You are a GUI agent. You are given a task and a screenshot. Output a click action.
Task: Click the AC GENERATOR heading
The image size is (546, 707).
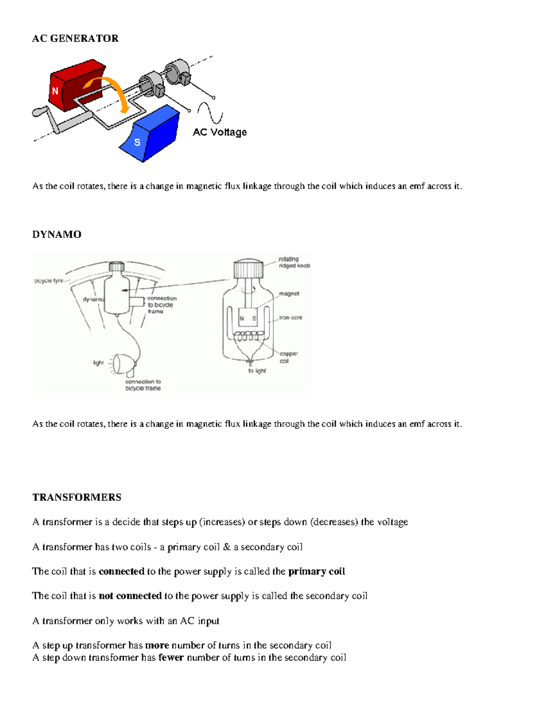click(75, 39)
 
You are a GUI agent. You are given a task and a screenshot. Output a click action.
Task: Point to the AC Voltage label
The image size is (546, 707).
click(219, 132)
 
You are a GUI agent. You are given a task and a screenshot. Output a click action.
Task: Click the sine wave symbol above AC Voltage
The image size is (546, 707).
click(210, 113)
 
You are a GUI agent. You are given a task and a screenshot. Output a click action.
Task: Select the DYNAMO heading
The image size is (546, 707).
click(56, 234)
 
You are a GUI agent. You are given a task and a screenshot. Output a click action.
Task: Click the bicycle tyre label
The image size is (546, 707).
click(48, 281)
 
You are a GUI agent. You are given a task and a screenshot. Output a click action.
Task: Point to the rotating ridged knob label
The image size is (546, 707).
click(294, 262)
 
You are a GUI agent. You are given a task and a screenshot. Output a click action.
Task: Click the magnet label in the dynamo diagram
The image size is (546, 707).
click(289, 294)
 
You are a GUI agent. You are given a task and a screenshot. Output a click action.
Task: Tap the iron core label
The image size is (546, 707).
click(290, 318)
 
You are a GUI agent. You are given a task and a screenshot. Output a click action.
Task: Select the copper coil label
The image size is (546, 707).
click(288, 357)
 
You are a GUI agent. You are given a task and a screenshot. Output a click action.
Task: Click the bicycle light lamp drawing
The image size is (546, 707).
click(124, 363)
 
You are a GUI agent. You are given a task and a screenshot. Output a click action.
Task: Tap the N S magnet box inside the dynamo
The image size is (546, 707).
click(248, 317)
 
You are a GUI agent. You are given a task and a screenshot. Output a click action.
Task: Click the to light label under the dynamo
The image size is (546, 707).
click(257, 371)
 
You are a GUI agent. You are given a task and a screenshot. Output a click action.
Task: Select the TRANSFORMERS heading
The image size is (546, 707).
click(76, 497)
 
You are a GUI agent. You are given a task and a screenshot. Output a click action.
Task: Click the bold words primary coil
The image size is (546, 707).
click(316, 571)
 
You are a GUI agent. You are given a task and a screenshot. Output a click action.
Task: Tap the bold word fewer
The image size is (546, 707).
click(171, 658)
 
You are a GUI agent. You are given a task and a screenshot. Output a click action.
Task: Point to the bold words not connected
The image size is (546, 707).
click(130, 596)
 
